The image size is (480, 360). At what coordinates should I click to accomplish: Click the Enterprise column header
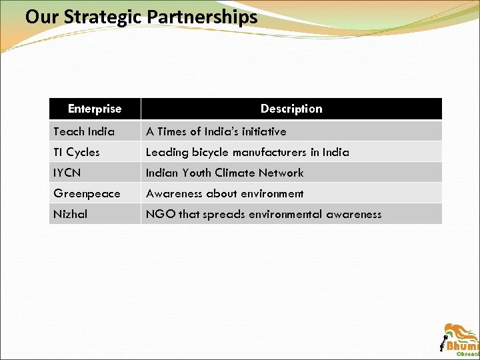(95, 109)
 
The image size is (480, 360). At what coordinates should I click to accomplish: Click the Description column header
(291, 109)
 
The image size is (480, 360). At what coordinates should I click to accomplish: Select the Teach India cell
(84, 131)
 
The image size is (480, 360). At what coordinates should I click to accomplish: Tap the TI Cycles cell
(77, 152)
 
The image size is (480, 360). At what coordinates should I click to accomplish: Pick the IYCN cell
(67, 173)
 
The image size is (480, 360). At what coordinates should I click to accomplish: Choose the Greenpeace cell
(87, 193)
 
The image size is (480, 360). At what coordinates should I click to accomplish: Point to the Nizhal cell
(70, 214)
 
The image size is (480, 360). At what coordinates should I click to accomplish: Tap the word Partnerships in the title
(203, 17)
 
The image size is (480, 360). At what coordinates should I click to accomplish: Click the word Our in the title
(41, 17)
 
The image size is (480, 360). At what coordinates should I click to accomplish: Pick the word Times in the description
(172, 131)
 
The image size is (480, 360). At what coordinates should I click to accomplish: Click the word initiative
(259, 131)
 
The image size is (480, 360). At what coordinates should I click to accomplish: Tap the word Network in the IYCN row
(281, 173)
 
